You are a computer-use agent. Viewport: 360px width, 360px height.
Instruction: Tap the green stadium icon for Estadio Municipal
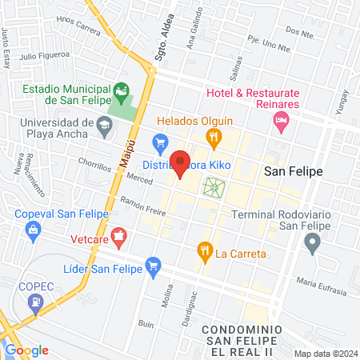[x=122, y=91]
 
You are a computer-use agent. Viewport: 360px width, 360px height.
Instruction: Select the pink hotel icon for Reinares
[x=280, y=122]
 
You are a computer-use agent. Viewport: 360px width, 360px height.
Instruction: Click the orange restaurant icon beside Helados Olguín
[x=214, y=138]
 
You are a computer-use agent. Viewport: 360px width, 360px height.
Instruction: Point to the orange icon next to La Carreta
[x=204, y=253]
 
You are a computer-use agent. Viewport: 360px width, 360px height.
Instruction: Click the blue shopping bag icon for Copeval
[x=33, y=232]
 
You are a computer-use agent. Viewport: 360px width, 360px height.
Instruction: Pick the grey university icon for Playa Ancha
[x=105, y=125]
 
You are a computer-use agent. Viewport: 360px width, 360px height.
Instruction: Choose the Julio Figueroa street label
[x=45, y=57]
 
